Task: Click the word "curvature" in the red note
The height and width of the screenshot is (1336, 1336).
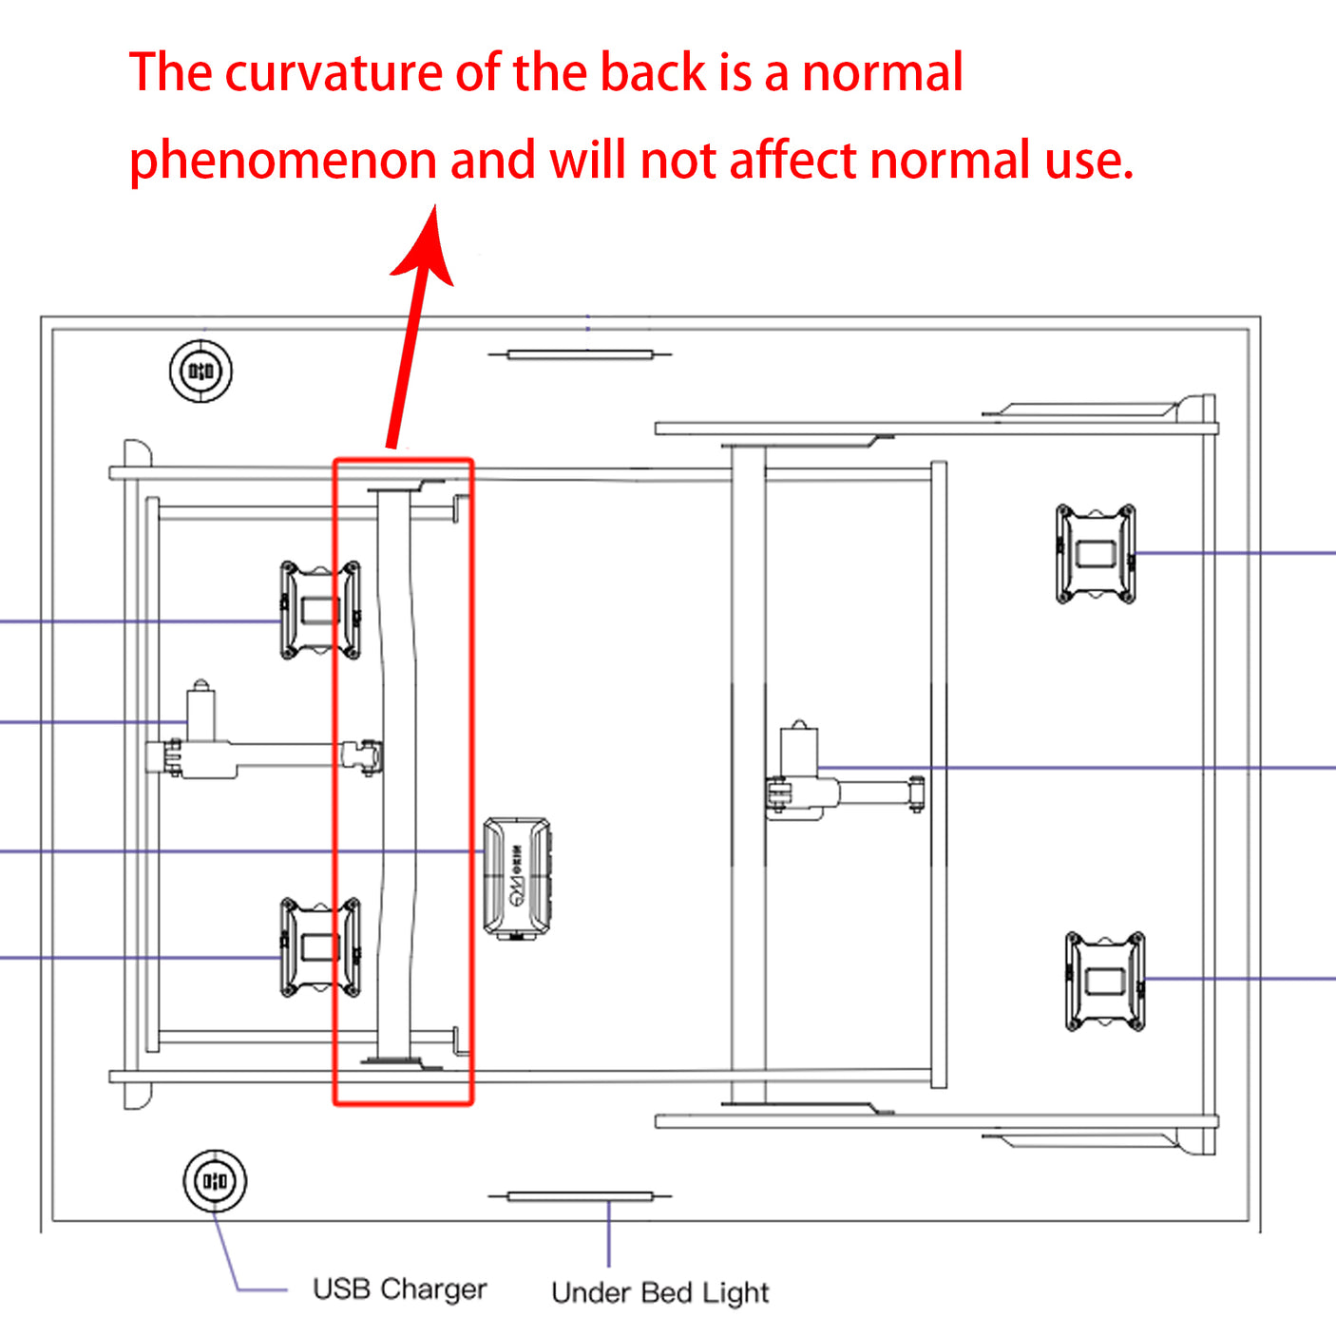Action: (x=333, y=73)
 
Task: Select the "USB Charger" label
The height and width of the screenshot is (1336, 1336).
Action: (x=399, y=1289)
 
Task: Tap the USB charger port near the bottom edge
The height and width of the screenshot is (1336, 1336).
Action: (x=215, y=1181)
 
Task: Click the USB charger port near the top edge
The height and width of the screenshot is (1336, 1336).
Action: (x=201, y=371)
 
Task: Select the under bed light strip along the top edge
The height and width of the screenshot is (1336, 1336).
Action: (x=581, y=355)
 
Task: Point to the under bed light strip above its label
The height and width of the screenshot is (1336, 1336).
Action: (x=581, y=1196)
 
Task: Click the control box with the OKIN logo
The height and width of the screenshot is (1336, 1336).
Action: (x=517, y=878)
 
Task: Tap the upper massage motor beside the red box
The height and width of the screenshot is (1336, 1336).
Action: (x=320, y=610)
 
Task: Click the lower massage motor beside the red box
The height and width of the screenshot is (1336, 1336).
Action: (x=320, y=947)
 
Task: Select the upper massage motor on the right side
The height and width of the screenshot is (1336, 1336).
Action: (x=1096, y=554)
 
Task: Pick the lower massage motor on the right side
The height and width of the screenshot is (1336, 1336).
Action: (x=1105, y=982)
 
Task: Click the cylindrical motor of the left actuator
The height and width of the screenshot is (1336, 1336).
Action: (x=200, y=711)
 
